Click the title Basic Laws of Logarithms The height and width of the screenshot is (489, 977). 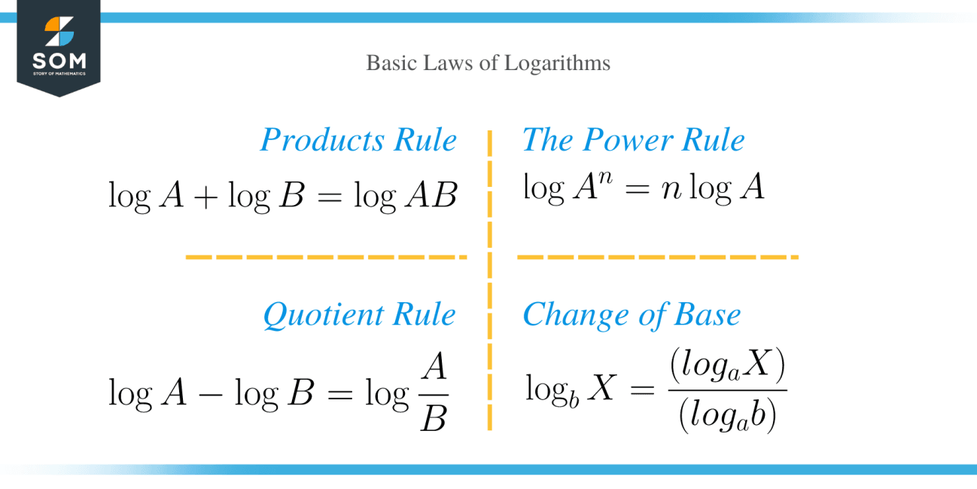[488, 63]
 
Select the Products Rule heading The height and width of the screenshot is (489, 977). [358, 140]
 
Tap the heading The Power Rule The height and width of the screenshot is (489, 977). [633, 140]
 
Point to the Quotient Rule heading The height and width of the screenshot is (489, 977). [359, 315]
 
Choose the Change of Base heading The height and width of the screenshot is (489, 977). [632, 315]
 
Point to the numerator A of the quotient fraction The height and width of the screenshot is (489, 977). [434, 368]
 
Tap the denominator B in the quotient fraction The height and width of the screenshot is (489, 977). [434, 419]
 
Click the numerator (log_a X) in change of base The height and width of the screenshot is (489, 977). [726, 368]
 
